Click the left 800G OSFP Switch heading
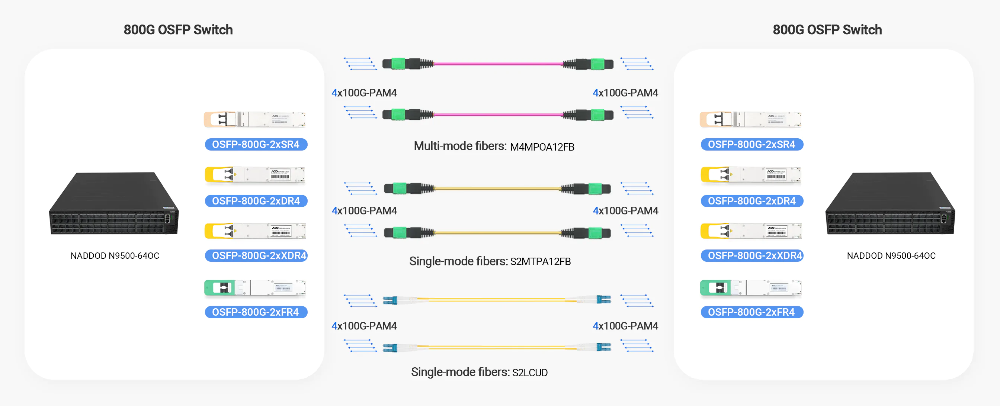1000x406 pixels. point(178,30)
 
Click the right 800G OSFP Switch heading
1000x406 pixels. point(827,30)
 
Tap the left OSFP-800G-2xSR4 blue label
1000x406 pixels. point(256,144)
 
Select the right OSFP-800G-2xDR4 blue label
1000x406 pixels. point(751,201)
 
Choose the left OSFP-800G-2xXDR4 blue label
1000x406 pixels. point(256,255)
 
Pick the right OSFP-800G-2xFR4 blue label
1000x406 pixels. point(751,312)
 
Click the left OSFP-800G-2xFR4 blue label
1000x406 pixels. point(256,312)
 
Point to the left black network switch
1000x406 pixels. point(114,204)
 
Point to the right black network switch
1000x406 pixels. point(890,204)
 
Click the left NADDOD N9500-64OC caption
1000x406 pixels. point(115,256)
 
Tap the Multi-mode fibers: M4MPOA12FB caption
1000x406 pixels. point(494,146)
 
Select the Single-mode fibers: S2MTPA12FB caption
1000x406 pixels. point(490,261)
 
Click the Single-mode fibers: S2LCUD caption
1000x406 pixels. point(479,372)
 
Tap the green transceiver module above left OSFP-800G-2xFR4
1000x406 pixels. point(255,288)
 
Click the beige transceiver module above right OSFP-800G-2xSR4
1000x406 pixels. point(750,120)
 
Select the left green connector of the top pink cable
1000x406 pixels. point(398,63)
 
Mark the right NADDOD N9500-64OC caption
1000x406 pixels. point(891,256)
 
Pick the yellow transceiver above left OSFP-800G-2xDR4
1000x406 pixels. point(255,175)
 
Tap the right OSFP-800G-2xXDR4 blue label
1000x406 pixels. point(752,255)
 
